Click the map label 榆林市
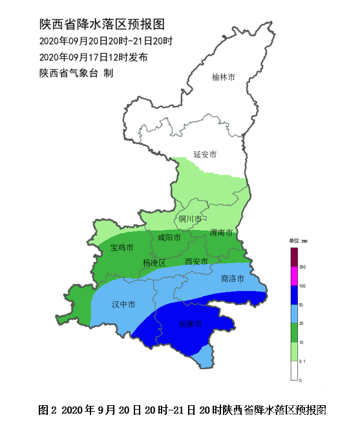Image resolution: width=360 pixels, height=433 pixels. [x=224, y=78]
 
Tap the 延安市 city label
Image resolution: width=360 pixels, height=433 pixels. [x=205, y=154]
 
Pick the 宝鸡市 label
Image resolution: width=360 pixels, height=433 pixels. [x=122, y=248]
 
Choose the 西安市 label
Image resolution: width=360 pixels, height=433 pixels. [x=196, y=262]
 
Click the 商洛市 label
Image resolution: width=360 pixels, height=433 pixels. [x=232, y=279]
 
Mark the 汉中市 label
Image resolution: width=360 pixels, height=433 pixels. [x=123, y=304]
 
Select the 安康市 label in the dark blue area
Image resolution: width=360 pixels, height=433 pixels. [x=191, y=324]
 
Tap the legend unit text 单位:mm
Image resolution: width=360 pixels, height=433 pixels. [x=298, y=240]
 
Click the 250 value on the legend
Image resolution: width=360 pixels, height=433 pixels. [x=302, y=267]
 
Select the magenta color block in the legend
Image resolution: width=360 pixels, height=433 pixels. [x=293, y=276]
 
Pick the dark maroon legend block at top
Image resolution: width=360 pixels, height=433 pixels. [x=293, y=257]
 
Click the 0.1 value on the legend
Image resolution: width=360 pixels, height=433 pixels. [x=302, y=361]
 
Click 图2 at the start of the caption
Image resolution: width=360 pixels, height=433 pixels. [x=48, y=410]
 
